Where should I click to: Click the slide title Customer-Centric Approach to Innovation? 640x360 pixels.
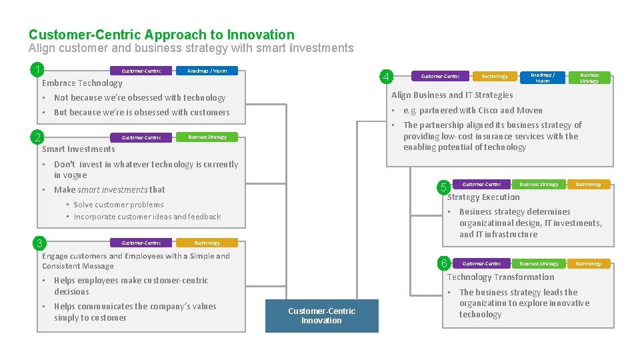coord(161,35)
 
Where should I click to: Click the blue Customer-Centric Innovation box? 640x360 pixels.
coord(321,316)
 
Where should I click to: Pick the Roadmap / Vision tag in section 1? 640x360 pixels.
coord(207,71)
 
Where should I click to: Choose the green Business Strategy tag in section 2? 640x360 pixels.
coord(207,137)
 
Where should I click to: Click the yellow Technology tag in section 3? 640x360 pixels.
coord(207,243)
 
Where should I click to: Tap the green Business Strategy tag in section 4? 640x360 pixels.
coord(589,78)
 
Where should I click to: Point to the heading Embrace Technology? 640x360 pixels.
coord(82,83)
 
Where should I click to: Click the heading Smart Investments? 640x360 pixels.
coord(79,149)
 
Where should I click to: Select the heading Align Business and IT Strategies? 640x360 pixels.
coord(452,95)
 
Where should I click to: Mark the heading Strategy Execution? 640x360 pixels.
coord(483,197)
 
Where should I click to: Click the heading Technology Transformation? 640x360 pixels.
coord(501,277)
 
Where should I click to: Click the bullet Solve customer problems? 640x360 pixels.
coord(118,205)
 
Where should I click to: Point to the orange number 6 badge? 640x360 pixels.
coord(444,263)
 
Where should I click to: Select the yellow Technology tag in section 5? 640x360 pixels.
coord(588,185)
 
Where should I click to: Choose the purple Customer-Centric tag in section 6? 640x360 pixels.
coord(481,264)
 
